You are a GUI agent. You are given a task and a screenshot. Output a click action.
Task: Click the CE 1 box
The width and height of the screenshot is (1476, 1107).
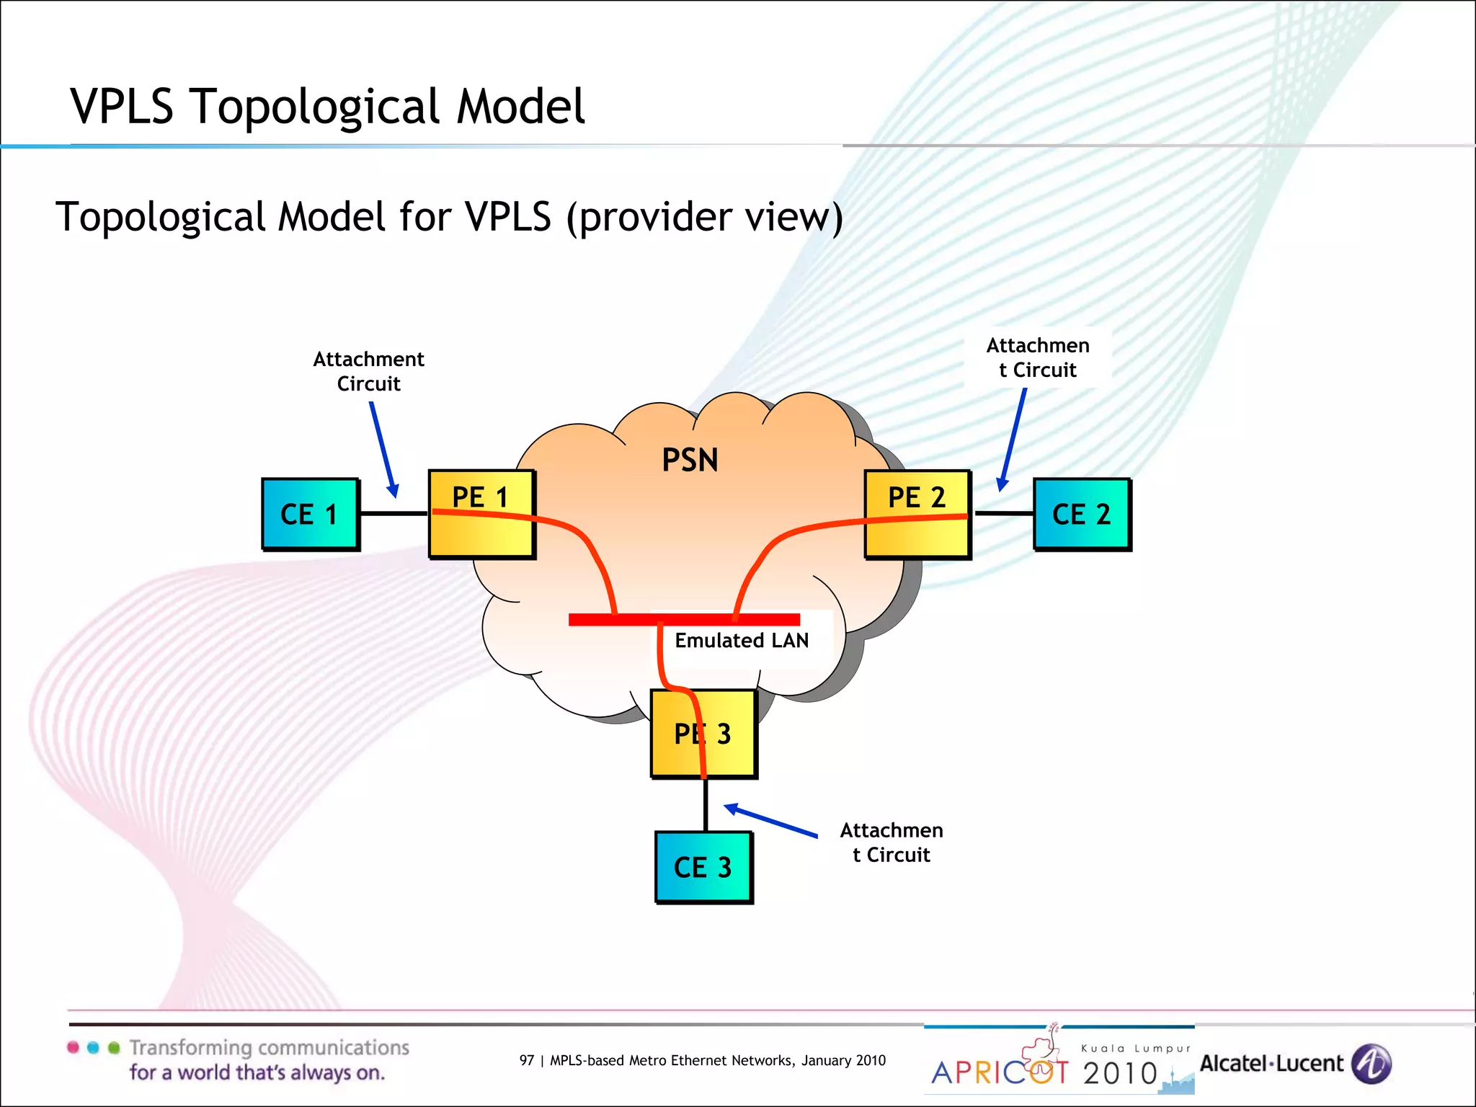click(310, 514)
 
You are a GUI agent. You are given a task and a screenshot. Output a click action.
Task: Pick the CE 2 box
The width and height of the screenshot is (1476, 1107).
click(1082, 514)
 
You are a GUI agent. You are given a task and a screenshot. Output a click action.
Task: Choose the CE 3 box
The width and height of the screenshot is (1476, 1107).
click(703, 867)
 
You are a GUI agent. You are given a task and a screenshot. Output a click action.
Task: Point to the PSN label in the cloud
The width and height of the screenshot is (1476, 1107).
click(690, 460)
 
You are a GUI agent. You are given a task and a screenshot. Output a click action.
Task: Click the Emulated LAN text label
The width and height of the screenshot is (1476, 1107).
click(741, 640)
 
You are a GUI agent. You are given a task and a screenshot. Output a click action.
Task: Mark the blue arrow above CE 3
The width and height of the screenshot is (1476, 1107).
click(770, 822)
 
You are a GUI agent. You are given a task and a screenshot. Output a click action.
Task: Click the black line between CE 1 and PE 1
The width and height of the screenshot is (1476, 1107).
click(394, 514)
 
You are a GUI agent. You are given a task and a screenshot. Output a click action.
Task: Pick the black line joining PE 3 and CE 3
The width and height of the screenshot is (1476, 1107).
click(706, 805)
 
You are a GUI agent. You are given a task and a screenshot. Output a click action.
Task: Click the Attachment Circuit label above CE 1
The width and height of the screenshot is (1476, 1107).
click(368, 371)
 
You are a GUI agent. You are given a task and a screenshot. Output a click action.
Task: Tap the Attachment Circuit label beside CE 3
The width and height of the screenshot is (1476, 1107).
click(891, 843)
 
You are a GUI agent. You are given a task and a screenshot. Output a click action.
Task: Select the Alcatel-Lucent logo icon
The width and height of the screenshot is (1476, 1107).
click(1371, 1064)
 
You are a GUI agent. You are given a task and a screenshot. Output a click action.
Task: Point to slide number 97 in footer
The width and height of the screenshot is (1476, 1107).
click(527, 1060)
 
